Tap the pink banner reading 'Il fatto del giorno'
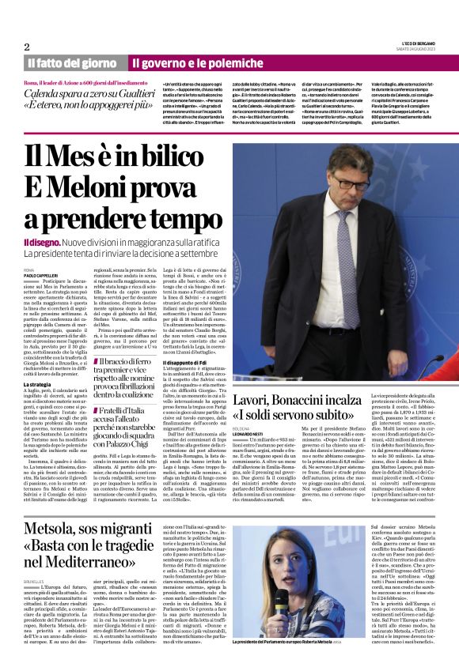(x=72, y=63)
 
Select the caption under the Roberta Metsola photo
(x=290, y=663)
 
